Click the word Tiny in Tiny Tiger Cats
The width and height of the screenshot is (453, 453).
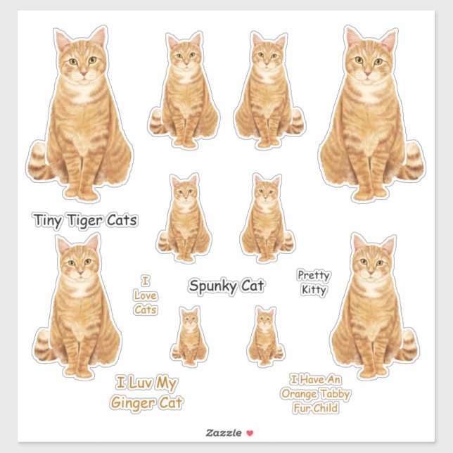click(49, 221)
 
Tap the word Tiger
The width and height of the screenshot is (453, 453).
click(84, 221)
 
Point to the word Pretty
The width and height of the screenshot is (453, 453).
click(313, 276)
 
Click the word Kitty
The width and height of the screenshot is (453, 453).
click(313, 289)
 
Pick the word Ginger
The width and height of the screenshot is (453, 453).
click(134, 403)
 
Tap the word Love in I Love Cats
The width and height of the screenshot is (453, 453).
click(146, 295)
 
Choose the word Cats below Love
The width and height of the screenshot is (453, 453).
click(146, 310)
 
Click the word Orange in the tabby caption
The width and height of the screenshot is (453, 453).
click(298, 394)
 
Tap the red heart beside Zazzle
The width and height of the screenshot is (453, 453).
click(249, 433)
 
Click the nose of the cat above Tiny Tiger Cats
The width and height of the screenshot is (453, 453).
click(82, 72)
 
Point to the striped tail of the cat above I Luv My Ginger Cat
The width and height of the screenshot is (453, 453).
click(44, 345)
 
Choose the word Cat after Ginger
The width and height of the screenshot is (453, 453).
click(172, 403)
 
